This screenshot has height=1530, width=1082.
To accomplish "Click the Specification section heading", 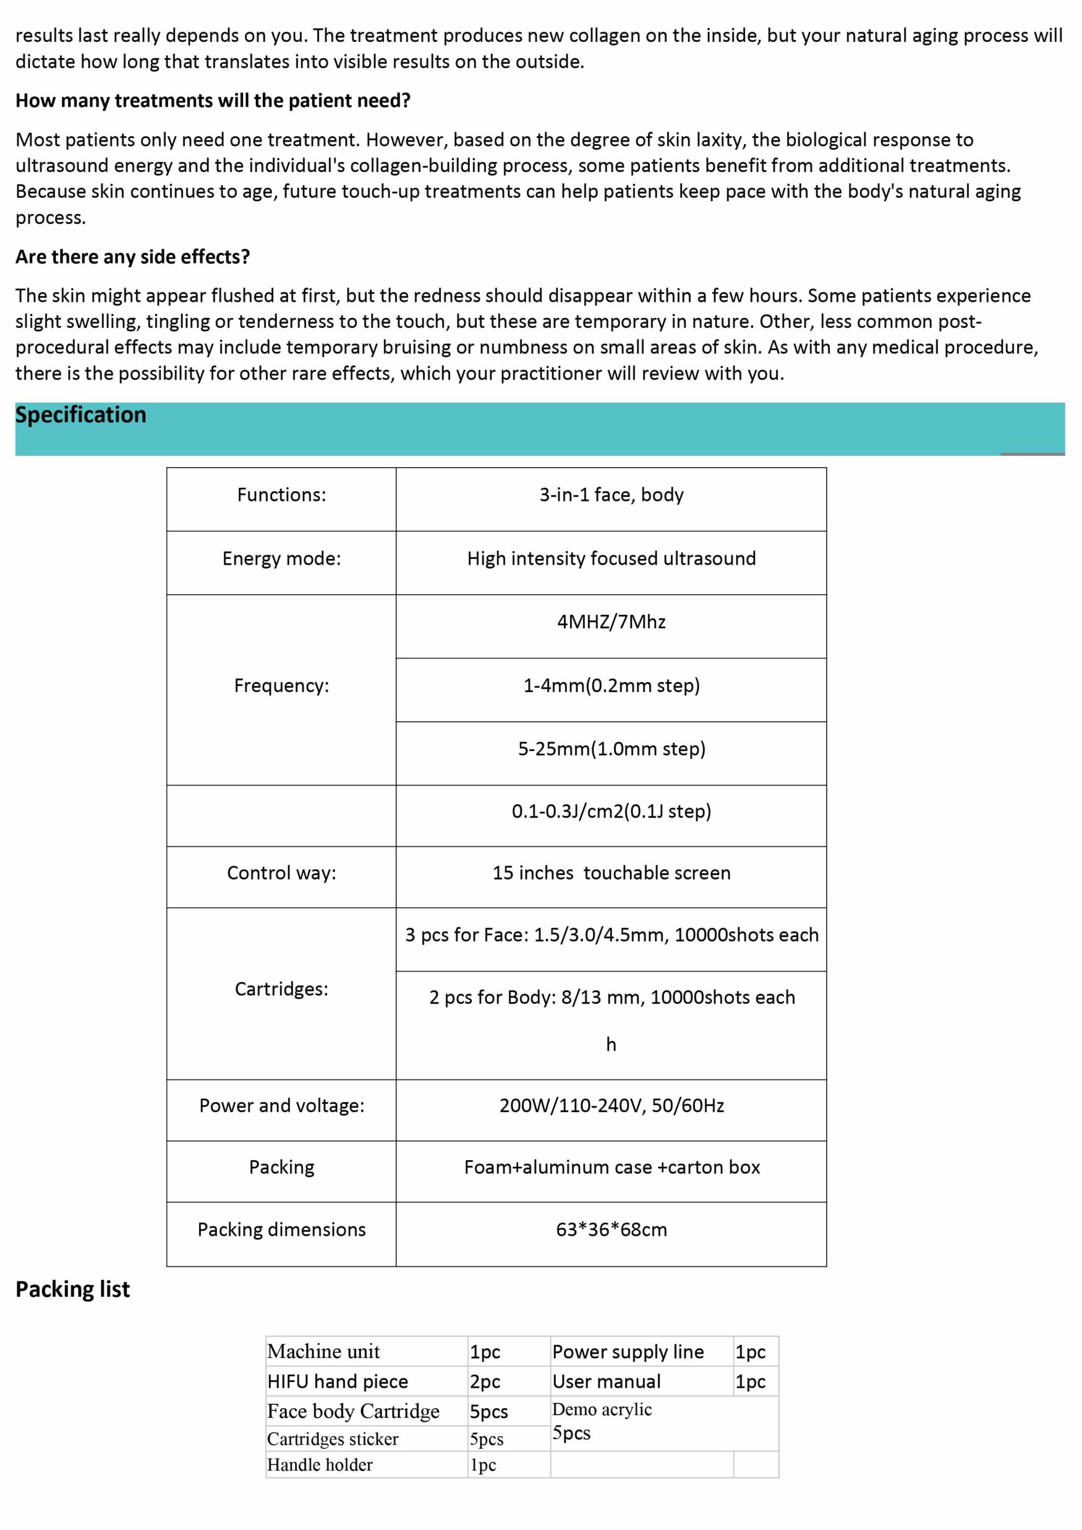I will pos(81,415).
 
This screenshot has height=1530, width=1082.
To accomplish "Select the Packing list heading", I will pos(73,1289).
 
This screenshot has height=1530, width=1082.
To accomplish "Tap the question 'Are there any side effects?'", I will pos(133,256).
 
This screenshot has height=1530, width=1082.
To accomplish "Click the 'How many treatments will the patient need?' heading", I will pos(213,100).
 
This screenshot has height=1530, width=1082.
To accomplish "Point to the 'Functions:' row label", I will pos(281,495).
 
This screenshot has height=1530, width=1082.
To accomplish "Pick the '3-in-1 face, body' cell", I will pos(611,495).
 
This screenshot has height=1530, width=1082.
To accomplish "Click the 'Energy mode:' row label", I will pos(281,558).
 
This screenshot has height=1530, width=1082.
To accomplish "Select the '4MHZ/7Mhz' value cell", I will pos(611,622).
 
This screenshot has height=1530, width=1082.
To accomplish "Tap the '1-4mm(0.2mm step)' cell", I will pos(611,686).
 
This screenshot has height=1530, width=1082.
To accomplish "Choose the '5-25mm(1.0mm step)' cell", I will pos(611,749).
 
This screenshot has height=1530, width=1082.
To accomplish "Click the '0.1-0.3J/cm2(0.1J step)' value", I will pos(611,812).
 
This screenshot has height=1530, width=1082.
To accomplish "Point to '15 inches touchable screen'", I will pos(611,873).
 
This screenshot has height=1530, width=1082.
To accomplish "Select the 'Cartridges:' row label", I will pos(281,989).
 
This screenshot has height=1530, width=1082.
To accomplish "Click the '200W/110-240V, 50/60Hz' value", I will pos(611,1106).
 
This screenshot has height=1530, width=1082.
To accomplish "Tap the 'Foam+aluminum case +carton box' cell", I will pos(611,1167).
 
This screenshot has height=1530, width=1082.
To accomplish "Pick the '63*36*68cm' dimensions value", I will pos(611,1229).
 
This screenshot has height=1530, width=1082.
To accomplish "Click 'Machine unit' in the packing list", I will pos(323,1351).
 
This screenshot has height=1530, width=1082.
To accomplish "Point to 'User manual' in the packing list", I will pos(606,1381).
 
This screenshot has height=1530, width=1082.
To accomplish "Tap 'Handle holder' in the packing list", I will pos(320,1465).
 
